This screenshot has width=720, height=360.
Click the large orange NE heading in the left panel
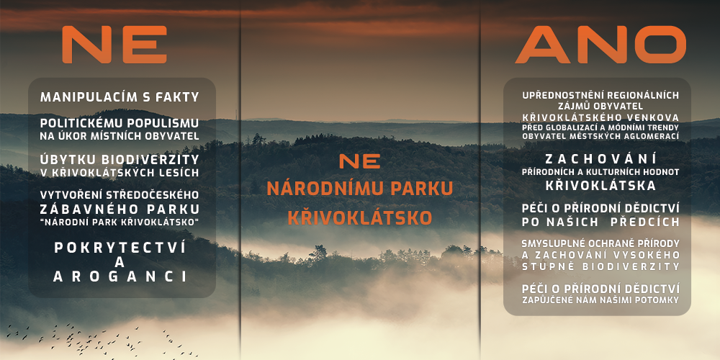pos(114,45)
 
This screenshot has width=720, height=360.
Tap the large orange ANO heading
pos(600,45)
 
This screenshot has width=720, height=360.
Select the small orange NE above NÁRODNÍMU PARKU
pos(359,161)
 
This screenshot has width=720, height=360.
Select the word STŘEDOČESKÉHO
pos(151,194)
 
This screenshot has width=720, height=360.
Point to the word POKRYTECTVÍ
pos(120,248)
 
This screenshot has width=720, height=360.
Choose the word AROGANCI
pos(120,276)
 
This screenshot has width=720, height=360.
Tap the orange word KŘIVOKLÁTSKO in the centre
pos(360,217)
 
